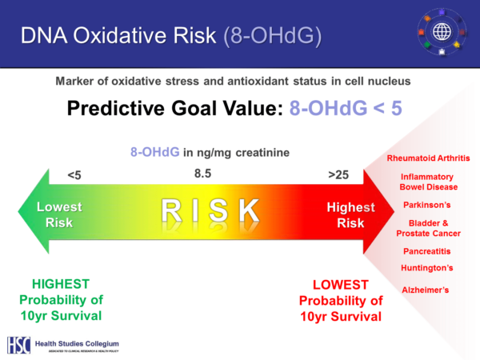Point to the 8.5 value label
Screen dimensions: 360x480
(202, 173)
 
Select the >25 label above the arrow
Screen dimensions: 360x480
(338, 173)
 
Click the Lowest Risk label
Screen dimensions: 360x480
(59, 214)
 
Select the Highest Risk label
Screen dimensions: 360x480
(350, 214)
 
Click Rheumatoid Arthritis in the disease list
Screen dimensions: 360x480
(428, 158)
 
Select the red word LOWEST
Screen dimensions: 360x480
(340, 285)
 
